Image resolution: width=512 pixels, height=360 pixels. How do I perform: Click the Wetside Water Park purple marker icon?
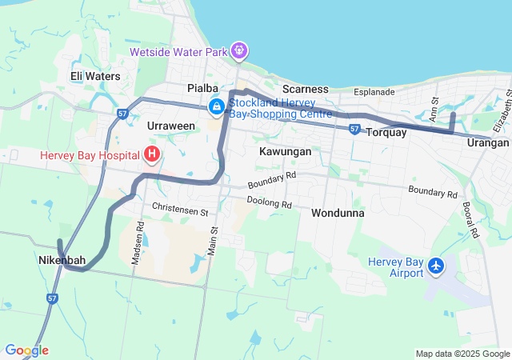point(239,52)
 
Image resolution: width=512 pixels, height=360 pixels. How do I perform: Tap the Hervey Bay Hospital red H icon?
point(152,154)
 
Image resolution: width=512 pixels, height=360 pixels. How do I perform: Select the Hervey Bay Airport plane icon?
point(436,265)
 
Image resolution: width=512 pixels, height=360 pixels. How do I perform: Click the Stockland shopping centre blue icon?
point(216,106)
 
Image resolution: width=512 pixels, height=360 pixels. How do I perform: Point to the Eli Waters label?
point(94,77)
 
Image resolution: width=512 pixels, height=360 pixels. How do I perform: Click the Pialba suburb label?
point(203,88)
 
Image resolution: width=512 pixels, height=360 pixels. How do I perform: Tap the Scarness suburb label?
point(305,89)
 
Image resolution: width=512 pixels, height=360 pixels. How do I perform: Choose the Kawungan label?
point(285,150)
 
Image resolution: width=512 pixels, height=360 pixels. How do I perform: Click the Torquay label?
point(386,133)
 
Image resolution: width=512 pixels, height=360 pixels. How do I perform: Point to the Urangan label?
point(489,142)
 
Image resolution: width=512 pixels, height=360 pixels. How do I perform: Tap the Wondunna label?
point(338,214)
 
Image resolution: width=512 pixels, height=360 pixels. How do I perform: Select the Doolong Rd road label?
point(270,202)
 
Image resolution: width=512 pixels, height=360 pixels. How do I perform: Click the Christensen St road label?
point(180,210)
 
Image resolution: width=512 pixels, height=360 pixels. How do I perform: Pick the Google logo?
point(26,350)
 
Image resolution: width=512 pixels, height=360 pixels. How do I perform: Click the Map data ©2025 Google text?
point(462,354)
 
